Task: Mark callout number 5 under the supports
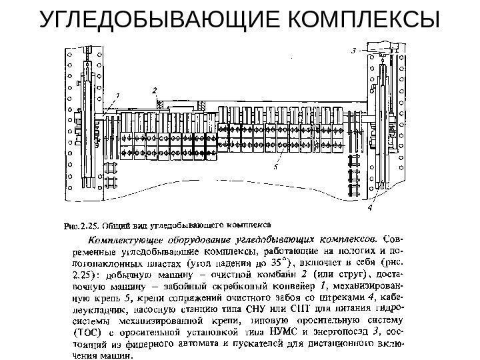[275, 169]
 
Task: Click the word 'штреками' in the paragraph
[342, 297]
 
